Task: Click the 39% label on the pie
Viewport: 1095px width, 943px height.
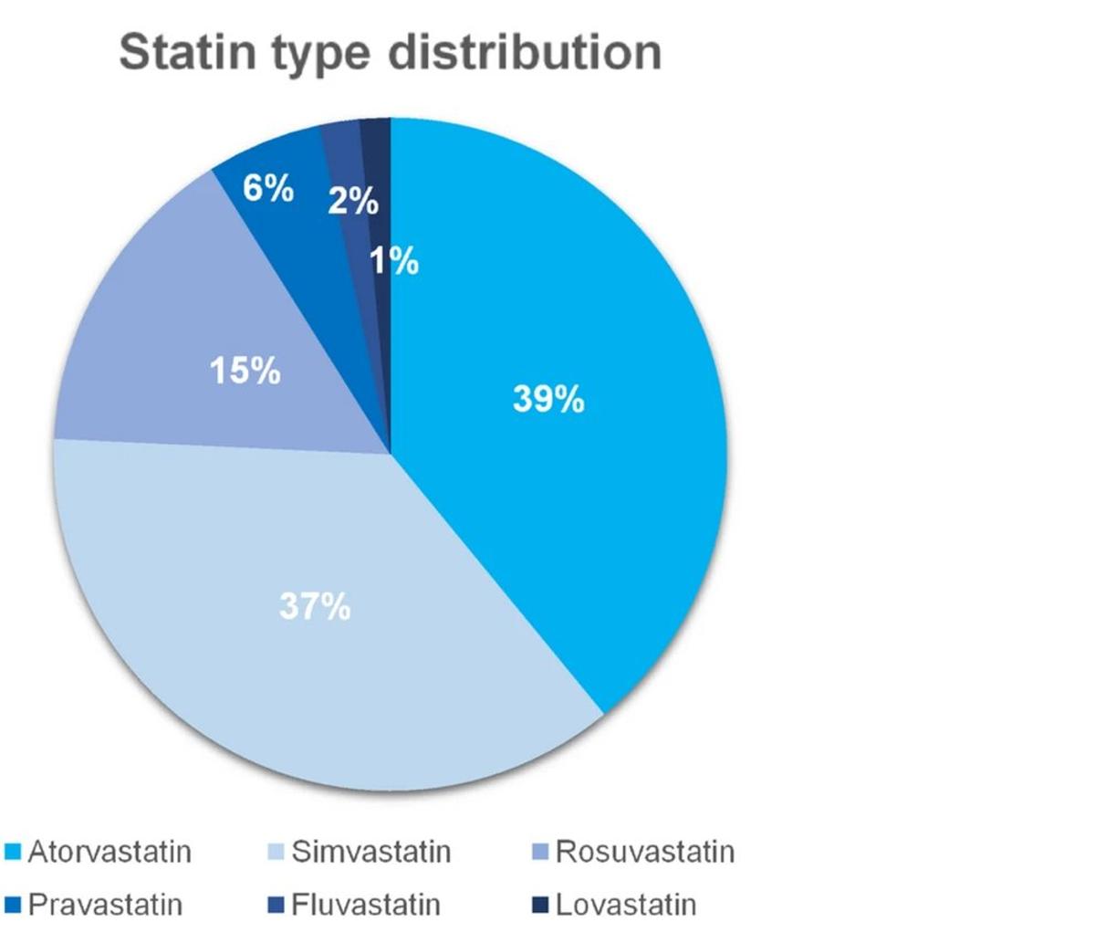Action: (x=547, y=399)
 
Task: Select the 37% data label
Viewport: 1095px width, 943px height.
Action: (x=314, y=606)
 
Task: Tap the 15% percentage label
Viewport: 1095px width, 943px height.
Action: (x=245, y=371)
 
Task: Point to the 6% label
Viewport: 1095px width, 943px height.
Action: (x=268, y=190)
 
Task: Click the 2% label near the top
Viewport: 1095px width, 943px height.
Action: (x=352, y=200)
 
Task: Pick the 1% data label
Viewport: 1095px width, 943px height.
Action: (x=394, y=262)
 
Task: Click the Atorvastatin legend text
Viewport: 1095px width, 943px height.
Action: (x=109, y=852)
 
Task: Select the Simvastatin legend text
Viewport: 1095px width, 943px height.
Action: (x=370, y=852)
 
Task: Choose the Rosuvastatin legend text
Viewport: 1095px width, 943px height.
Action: (x=644, y=852)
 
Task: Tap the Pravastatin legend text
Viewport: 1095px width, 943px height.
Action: (x=105, y=905)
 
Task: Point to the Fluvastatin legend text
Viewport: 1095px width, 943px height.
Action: (x=365, y=905)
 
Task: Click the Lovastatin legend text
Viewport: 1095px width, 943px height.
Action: (x=625, y=905)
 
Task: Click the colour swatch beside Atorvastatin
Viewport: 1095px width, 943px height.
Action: (x=13, y=853)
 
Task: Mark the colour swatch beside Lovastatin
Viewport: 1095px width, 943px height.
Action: (x=539, y=906)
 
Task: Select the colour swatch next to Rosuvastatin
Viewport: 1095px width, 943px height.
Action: (x=539, y=853)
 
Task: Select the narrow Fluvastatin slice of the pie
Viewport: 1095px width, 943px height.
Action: (x=344, y=146)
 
